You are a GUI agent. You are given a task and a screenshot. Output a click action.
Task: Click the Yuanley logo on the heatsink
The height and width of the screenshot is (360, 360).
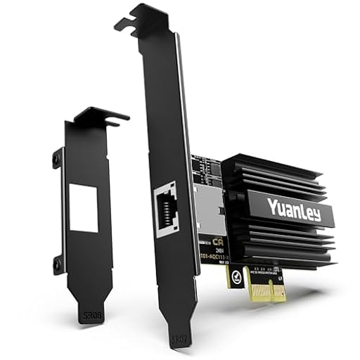(294, 209)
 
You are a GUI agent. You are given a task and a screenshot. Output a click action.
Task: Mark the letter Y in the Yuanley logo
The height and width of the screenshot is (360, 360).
(271, 205)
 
